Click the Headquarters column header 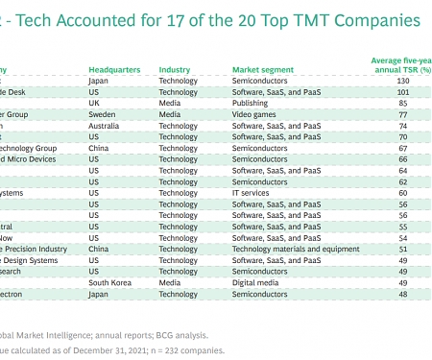click(x=114, y=70)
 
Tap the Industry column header click(x=175, y=70)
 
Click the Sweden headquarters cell click(x=102, y=114)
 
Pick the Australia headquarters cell click(x=105, y=126)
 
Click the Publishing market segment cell click(x=252, y=104)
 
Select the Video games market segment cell click(x=255, y=114)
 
